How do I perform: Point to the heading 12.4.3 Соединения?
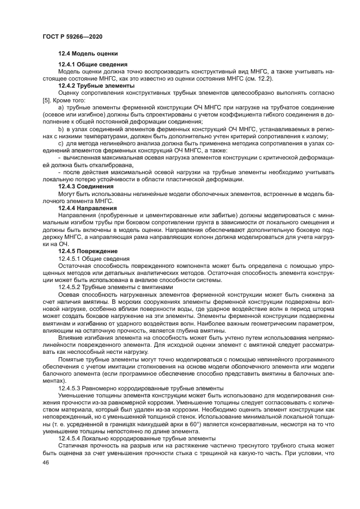tap(86, 187)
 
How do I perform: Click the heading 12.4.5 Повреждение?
tap(88, 251)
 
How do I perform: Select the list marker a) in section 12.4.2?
tap(61, 108)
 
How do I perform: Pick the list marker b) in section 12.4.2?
tap(61, 129)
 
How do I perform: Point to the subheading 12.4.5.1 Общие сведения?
tap(93, 258)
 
